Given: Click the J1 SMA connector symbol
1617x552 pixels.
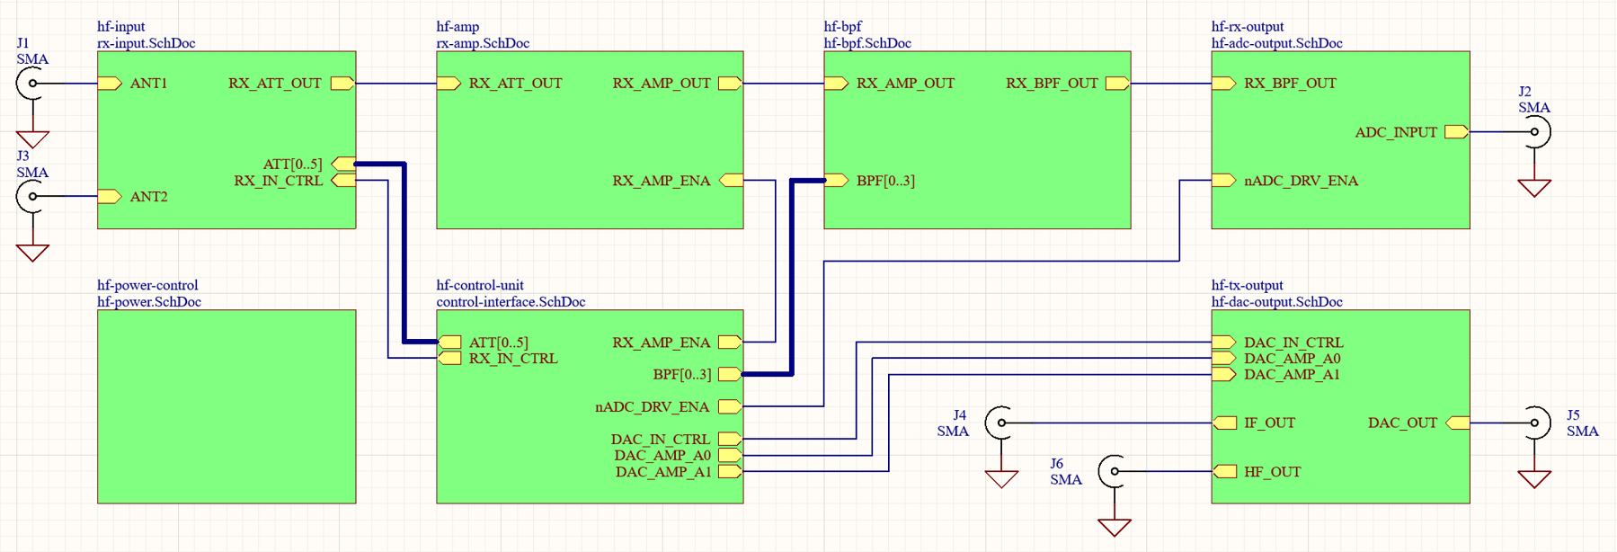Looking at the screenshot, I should (x=31, y=84).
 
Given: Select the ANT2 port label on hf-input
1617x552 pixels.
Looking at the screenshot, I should (x=148, y=197).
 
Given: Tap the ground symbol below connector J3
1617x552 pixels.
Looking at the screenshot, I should (x=32, y=253).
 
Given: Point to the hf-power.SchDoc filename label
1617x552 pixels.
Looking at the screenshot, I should (x=149, y=302).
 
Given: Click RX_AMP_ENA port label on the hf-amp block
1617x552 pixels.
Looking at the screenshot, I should (x=662, y=181).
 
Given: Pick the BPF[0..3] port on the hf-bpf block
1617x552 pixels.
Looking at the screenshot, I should (x=885, y=181).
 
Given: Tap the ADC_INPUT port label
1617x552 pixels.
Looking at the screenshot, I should (x=1396, y=132).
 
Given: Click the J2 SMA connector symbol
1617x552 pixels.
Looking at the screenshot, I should (x=1537, y=132).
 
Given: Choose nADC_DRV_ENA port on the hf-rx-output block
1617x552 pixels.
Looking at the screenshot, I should (x=1301, y=181).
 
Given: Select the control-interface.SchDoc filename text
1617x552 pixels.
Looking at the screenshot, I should (x=511, y=302).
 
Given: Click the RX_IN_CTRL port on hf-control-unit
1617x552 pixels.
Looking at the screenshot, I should (x=513, y=359).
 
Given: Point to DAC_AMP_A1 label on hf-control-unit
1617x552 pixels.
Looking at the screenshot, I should (x=663, y=472).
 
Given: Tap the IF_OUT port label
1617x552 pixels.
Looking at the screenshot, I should (x=1269, y=423).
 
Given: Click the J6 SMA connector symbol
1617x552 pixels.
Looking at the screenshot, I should (x=1113, y=471).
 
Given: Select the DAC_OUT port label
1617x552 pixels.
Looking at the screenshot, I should (x=1402, y=423).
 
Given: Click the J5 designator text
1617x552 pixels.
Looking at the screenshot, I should (x=1573, y=415).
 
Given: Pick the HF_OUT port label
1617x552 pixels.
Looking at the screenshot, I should (x=1272, y=472).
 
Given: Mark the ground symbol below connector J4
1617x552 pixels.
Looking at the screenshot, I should (x=1001, y=479).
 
